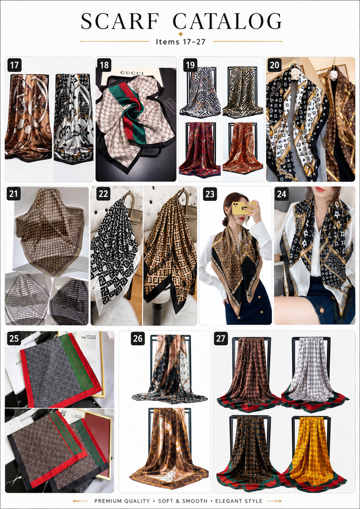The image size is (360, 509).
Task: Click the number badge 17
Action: tap(14, 65)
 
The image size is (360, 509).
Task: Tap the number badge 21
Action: tap(14, 194)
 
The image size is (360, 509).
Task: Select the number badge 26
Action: tap(138, 339)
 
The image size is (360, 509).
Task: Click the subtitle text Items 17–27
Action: tap(180, 42)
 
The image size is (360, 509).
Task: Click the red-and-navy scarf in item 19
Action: tap(197, 150)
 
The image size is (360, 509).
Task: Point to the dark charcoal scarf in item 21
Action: tap(69, 300)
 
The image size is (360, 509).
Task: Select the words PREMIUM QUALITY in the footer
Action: tap(122, 501)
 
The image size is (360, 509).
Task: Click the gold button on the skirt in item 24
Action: tap(322, 309)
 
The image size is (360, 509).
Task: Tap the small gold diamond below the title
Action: tap(181, 34)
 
